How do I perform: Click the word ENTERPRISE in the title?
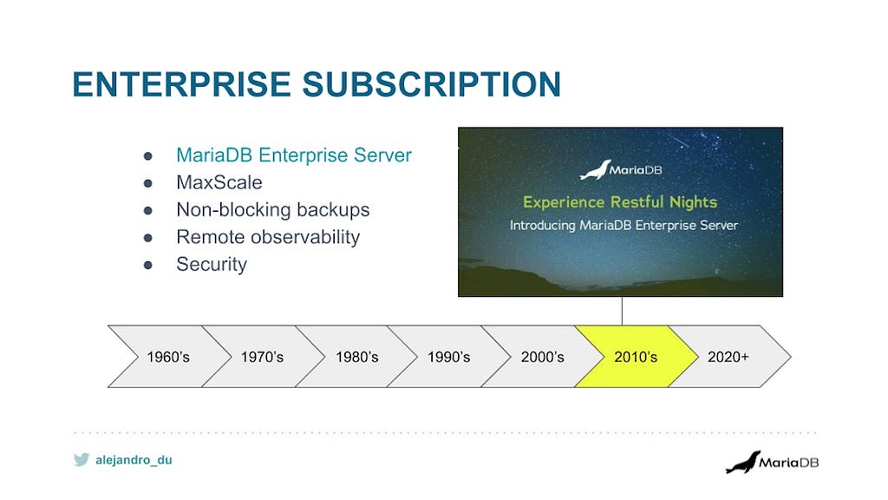tap(182, 84)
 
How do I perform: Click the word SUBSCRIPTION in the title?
tap(432, 84)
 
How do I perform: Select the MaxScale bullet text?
tap(219, 182)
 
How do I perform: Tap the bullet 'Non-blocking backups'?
tap(273, 210)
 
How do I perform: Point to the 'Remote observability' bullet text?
tap(268, 237)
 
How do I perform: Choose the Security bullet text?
tap(212, 264)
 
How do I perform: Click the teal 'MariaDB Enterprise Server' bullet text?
tap(294, 155)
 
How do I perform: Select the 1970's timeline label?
tap(262, 357)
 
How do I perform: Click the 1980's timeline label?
tap(356, 357)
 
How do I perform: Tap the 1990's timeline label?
tap(448, 357)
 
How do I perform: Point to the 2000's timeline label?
tap(543, 357)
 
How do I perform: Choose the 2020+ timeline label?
tap(728, 357)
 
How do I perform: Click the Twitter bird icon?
tap(82, 460)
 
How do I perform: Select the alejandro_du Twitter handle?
tap(134, 460)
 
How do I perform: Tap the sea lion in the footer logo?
tap(743, 463)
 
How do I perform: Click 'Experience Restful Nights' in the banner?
tap(620, 202)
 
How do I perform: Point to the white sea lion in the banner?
tap(595, 170)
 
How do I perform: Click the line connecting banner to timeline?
tap(622, 311)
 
